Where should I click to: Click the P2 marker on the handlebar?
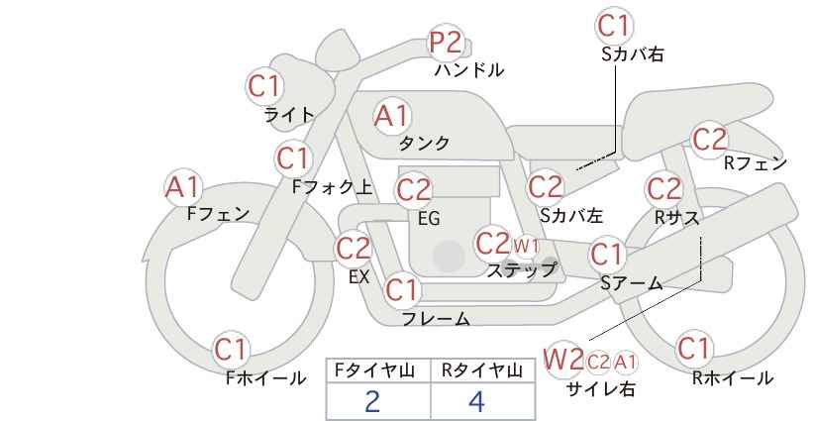click(446, 42)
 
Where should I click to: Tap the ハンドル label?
click(469, 70)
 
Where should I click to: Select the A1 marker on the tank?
click(392, 116)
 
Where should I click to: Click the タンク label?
click(424, 143)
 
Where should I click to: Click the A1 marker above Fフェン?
click(183, 187)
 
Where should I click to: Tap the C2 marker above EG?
click(413, 190)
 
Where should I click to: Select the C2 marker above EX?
click(354, 248)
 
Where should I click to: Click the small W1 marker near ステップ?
click(526, 246)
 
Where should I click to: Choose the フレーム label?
click(436, 319)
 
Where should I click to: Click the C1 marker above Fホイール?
click(231, 350)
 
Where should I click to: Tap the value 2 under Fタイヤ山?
click(371, 401)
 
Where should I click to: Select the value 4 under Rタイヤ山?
click(476, 401)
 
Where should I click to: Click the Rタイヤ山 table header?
click(482, 370)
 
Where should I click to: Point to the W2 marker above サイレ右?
click(563, 359)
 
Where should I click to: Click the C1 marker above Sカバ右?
click(615, 25)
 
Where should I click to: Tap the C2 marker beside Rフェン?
click(710, 140)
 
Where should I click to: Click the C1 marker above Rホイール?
click(693, 349)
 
